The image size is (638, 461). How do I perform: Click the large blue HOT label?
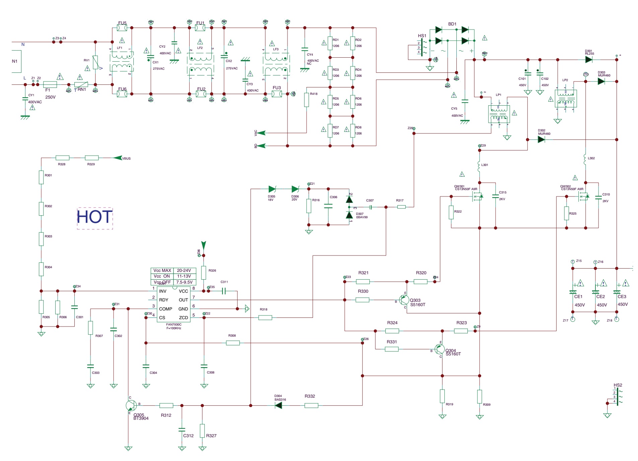pos(94,217)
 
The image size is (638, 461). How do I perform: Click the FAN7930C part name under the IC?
pos(174,325)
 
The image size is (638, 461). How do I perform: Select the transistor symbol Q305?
pos(131,405)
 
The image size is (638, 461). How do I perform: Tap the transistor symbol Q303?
pos(404,300)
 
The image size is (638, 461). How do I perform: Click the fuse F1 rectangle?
pos(50,84)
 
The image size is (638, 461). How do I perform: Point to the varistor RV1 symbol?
pos(95,63)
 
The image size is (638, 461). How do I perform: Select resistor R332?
pos(311,405)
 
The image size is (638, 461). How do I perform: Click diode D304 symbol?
pos(278,405)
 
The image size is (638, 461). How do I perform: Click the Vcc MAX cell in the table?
pos(162,271)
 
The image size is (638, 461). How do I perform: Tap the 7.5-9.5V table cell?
pos(184,282)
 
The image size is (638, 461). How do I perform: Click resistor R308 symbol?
pos(233,343)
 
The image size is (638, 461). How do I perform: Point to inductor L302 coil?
pos(585,160)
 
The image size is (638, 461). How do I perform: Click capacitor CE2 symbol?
pos(595,292)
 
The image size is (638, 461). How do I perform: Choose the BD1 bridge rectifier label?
pos(452,24)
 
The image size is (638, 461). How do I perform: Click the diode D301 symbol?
pos(589,60)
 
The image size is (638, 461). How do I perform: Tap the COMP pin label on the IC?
pos(166,309)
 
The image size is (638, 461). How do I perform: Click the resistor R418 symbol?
pos(306,100)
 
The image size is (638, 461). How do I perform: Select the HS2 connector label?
pos(618,385)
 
